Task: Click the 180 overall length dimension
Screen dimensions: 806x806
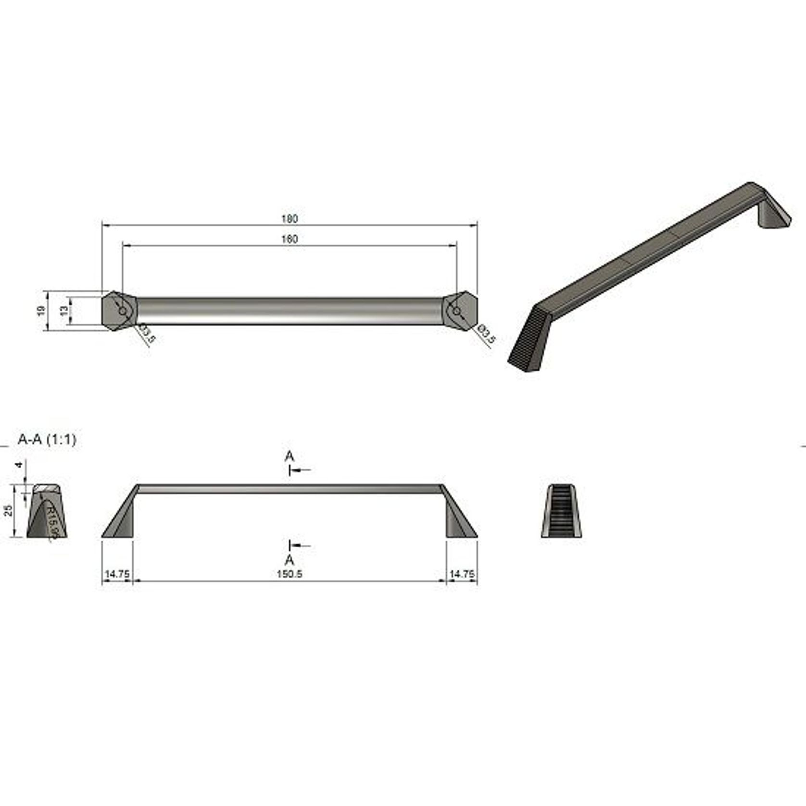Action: [290, 219]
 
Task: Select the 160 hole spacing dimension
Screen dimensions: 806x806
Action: [290, 239]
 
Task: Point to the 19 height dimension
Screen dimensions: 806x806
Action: [41, 311]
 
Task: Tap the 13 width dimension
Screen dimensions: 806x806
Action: [63, 311]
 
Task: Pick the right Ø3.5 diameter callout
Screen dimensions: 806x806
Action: [486, 333]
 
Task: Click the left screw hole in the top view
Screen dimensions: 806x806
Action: [123, 311]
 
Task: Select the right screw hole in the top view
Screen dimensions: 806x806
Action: [457, 311]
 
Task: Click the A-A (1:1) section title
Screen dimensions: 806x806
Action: [47, 439]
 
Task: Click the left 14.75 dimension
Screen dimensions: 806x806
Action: [117, 574]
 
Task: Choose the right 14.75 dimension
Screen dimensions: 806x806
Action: [462, 574]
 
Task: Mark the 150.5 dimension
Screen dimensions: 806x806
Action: [290, 574]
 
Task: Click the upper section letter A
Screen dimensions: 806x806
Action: [289, 455]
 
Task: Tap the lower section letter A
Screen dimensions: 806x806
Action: [289, 560]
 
